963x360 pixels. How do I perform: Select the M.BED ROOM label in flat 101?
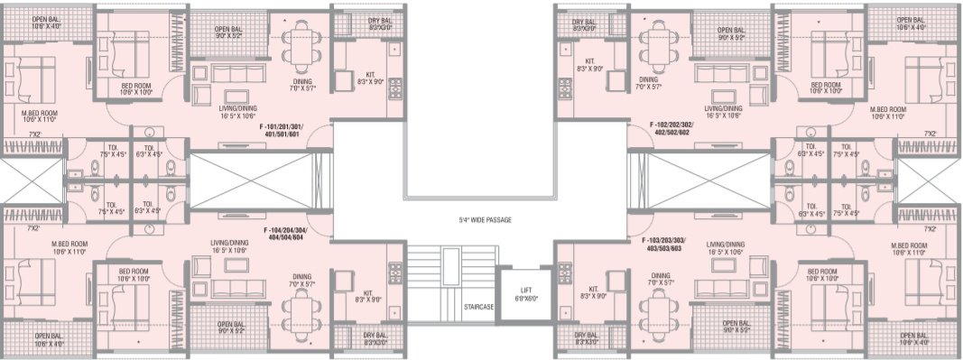(39, 113)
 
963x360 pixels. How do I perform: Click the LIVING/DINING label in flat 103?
(726, 245)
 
